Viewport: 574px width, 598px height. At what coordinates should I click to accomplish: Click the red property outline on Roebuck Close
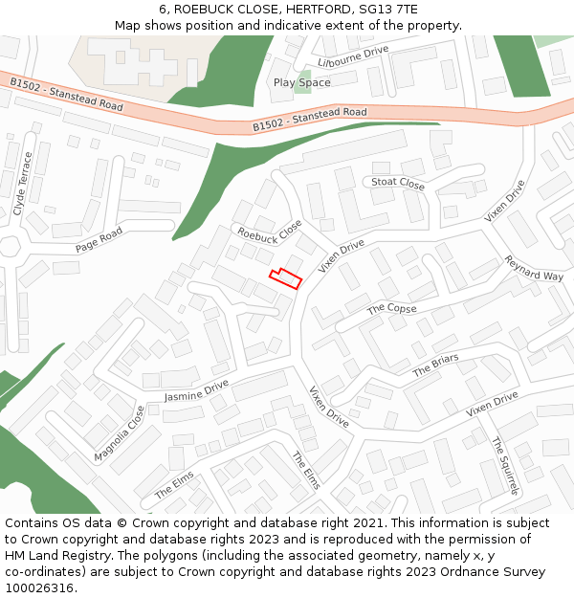click(285, 279)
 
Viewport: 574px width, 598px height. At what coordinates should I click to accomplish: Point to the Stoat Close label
click(398, 182)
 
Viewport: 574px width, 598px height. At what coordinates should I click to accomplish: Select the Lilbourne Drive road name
click(353, 55)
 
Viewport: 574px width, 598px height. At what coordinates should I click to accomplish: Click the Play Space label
click(301, 82)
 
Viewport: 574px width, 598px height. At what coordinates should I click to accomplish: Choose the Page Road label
click(99, 240)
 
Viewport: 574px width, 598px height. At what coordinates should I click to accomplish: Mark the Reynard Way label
click(534, 269)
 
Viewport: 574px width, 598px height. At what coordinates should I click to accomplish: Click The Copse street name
click(392, 308)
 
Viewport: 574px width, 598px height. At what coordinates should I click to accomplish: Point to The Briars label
click(435, 365)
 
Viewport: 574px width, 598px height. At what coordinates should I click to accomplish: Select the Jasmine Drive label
click(196, 390)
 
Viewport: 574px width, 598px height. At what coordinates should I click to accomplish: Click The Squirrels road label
click(504, 465)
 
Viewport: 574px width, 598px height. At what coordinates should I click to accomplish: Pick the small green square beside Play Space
click(305, 76)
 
